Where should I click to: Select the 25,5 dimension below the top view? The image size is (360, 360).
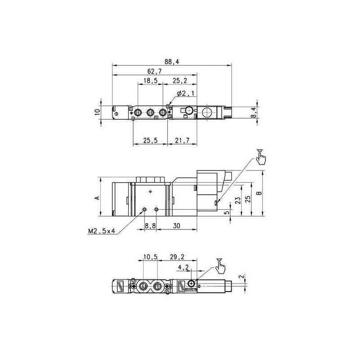(x=151, y=141)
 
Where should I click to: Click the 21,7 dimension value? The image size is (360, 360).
(x=182, y=141)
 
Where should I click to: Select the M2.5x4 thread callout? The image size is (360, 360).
(x=102, y=232)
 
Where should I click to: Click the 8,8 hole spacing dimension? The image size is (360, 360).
(x=150, y=226)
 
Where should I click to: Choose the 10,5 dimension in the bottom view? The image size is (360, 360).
(x=149, y=257)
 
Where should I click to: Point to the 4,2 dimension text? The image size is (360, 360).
(x=184, y=268)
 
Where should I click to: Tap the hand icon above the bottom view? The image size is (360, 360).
(x=220, y=266)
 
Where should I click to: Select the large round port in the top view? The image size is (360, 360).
(x=207, y=112)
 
